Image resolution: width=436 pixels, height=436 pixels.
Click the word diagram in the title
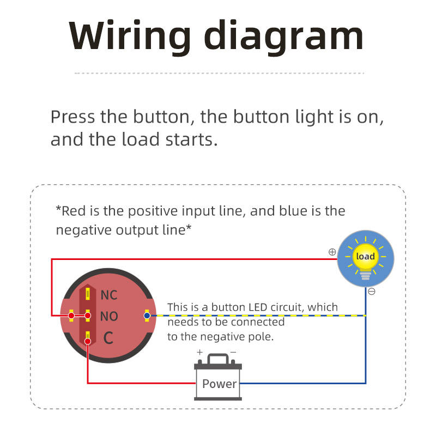tap(283, 37)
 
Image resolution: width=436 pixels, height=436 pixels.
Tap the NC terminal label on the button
tap(108, 295)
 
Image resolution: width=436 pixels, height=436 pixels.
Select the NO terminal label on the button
tap(109, 316)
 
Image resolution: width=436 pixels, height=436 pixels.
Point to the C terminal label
tap(108, 338)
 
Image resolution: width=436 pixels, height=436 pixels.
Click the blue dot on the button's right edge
tap(147, 315)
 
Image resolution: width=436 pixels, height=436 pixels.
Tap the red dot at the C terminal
tap(87, 342)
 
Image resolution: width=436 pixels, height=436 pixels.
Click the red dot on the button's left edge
tap(71, 316)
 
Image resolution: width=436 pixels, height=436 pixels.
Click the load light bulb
tap(365, 258)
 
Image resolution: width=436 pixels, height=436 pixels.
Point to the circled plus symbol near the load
tap(332, 252)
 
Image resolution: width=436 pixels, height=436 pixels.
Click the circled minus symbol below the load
tap(372, 292)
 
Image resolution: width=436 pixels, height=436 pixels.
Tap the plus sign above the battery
tap(199, 353)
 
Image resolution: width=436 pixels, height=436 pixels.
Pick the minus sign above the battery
tap(233, 353)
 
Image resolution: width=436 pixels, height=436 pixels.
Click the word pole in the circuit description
tap(259, 337)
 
